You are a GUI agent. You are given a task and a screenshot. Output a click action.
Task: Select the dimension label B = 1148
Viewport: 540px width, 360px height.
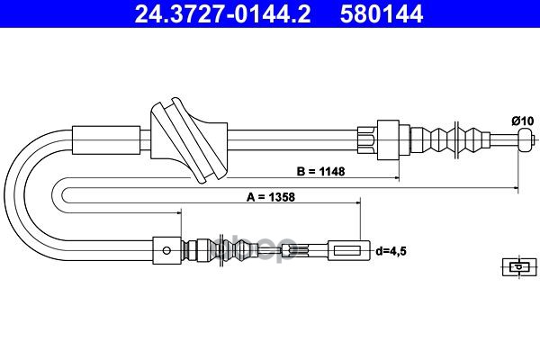[x=322, y=170]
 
